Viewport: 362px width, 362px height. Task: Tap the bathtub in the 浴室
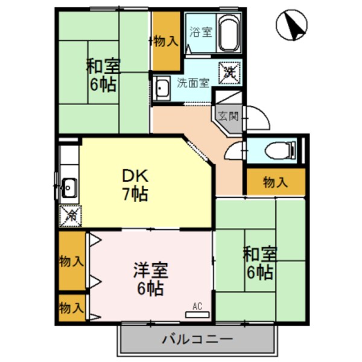click(229, 34)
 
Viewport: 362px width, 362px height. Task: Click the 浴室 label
click(200, 31)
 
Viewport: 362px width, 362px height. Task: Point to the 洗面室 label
click(193, 83)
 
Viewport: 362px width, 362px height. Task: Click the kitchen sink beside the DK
click(68, 188)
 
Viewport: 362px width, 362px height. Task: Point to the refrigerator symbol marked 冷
click(70, 213)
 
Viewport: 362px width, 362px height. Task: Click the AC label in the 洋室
click(197, 306)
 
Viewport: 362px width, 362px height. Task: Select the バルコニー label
click(197, 339)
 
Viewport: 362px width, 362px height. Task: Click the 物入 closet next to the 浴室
click(165, 41)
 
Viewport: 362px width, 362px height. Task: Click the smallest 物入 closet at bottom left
click(71, 308)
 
